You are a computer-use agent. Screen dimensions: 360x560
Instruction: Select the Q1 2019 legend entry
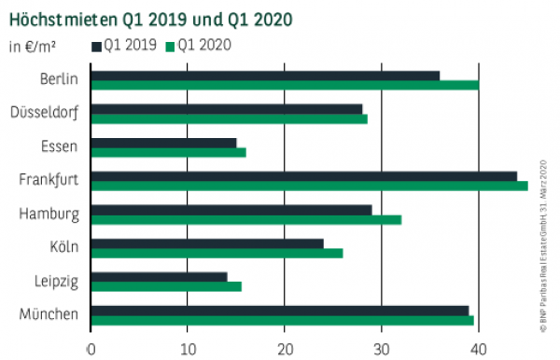(124, 44)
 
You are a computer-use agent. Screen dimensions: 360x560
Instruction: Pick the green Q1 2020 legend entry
(198, 44)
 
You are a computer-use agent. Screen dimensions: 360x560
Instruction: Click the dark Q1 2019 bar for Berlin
(265, 75)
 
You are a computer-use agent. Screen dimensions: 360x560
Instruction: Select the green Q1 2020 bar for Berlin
(285, 86)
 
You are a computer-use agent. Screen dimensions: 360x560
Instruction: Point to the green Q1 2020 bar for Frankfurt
(309, 186)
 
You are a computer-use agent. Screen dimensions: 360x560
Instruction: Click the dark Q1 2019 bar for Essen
(163, 143)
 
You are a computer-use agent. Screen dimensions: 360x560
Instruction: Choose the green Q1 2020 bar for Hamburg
(246, 220)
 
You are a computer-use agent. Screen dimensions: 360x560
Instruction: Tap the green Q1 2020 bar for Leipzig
(166, 286)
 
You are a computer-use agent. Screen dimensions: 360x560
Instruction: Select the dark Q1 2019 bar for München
(280, 310)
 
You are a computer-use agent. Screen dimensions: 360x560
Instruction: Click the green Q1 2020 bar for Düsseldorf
(230, 119)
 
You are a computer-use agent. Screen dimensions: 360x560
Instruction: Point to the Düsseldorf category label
(44, 113)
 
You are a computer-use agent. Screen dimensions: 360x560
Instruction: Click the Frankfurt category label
(48, 180)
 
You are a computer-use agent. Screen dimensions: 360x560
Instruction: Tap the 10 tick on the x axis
(187, 349)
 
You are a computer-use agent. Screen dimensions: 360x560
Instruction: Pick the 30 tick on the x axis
(381, 349)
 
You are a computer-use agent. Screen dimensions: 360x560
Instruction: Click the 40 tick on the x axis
(478, 349)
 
